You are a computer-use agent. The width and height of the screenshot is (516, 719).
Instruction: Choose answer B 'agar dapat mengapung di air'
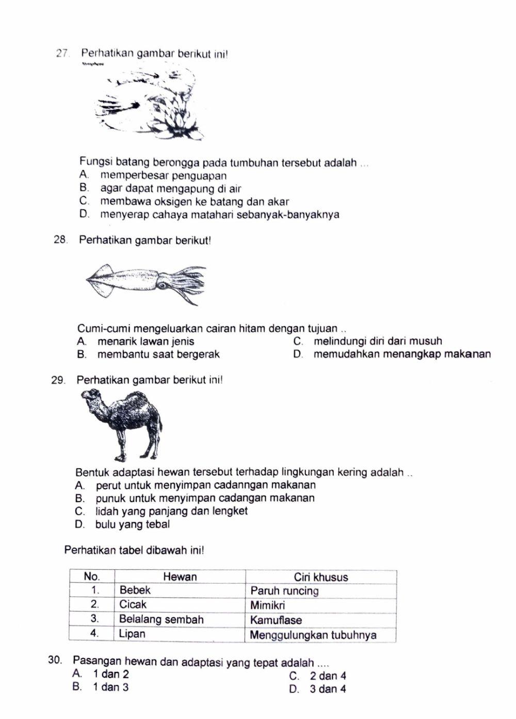170,188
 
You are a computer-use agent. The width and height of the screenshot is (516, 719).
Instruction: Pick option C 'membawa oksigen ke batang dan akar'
194,201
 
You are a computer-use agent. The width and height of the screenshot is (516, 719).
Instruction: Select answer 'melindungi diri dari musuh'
377,341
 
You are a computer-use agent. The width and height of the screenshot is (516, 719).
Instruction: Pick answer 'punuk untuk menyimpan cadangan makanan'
204,498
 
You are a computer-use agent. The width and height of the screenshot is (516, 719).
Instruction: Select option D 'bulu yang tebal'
132,524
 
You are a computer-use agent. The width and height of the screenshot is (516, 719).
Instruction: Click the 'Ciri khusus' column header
320,577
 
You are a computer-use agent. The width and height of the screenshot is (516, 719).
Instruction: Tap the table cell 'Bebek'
135,590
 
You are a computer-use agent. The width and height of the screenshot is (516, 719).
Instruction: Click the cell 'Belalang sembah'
161,619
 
